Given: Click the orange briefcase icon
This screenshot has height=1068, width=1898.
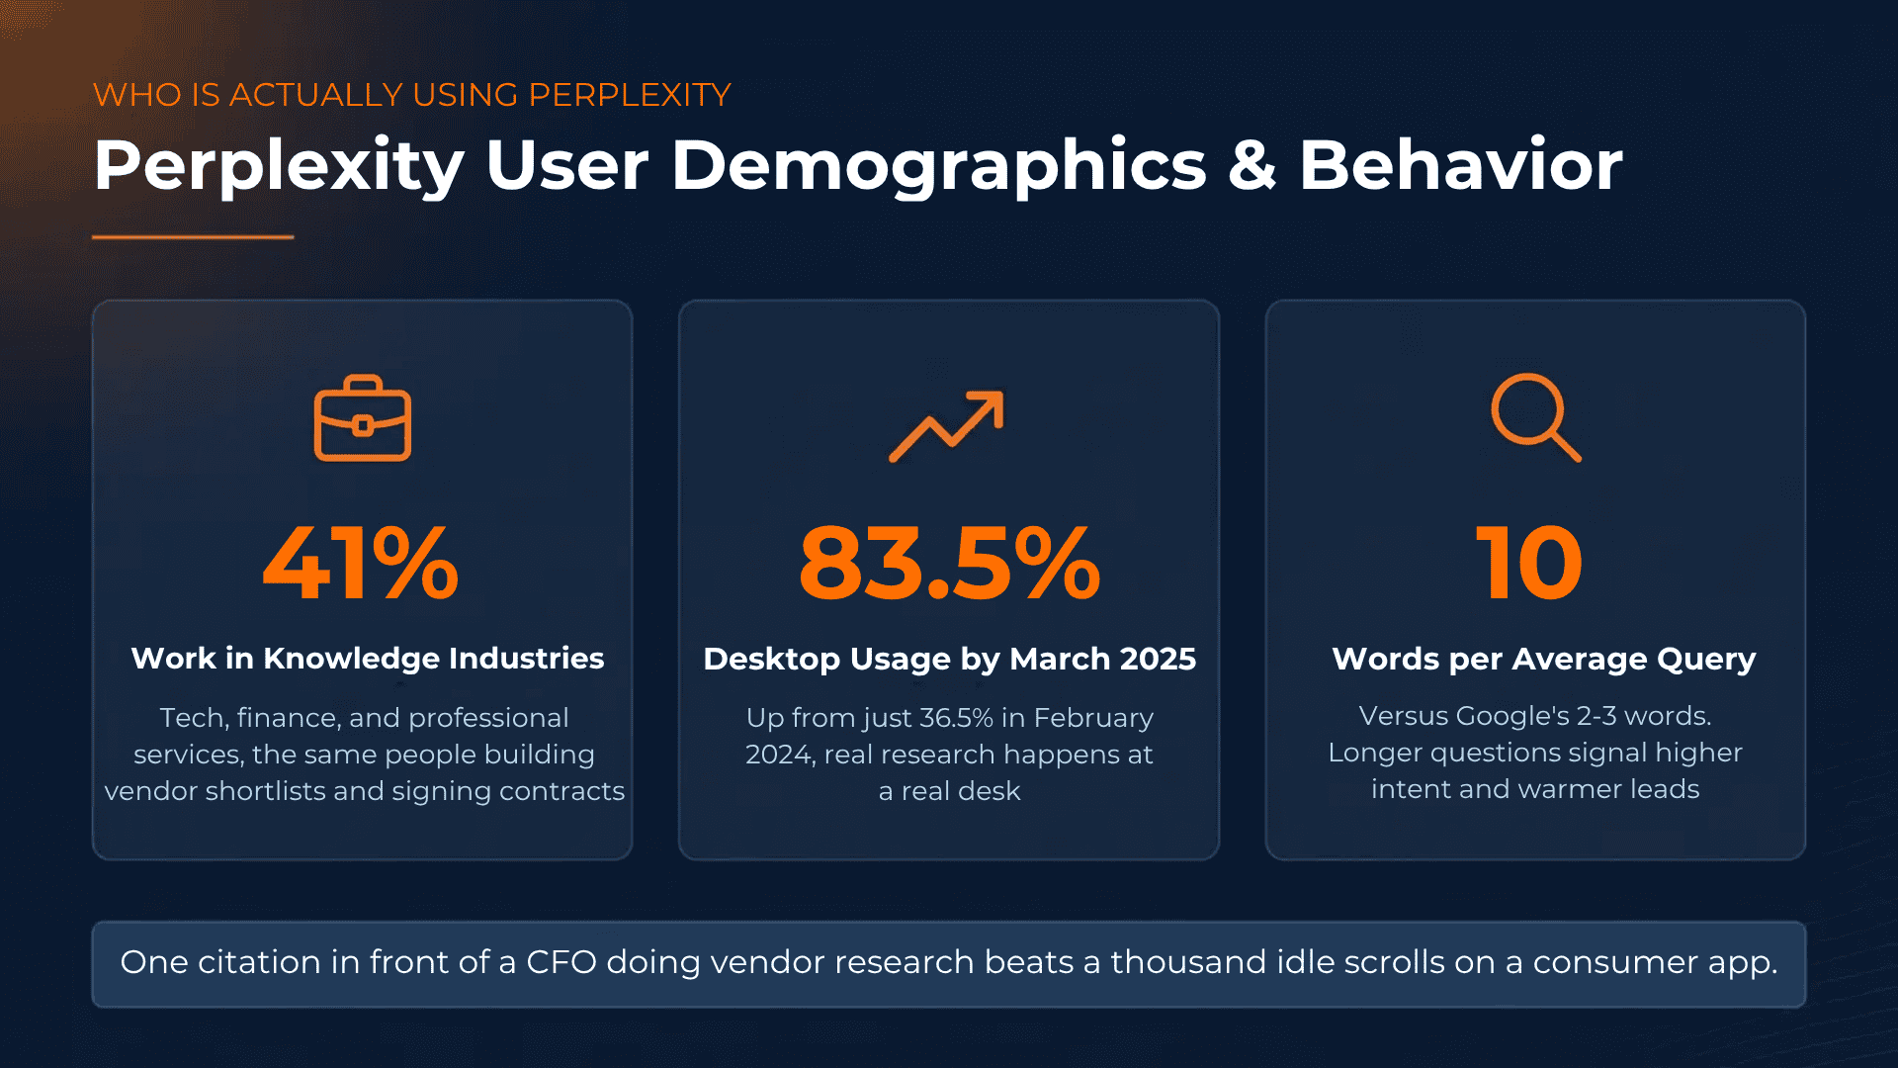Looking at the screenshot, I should pos(362,419).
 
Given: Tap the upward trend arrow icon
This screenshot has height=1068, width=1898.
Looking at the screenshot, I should pos(946,426).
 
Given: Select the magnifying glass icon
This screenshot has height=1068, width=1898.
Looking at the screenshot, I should pos(1534,417).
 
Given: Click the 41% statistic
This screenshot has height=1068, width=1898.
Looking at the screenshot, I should pos(361,564).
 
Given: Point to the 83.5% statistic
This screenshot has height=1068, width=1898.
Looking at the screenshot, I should pos(949,564).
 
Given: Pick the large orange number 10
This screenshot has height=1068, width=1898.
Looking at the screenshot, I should pos(1529,564).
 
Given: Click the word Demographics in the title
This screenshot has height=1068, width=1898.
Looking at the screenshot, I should pos(939,165).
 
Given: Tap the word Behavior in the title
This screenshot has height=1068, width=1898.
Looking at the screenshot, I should pos(1460,165).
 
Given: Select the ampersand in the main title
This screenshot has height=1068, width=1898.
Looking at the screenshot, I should pos(1252,165).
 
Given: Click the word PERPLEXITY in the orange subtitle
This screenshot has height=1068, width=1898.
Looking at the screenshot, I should pos(629,95).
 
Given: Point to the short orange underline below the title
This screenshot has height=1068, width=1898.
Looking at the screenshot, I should pos(193,237).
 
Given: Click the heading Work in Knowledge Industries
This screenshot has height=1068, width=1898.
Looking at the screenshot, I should pos(367,659).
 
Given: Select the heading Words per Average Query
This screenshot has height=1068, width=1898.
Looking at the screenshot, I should pos(1543,660).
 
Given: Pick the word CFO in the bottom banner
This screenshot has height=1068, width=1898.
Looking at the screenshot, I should pos(561,962).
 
